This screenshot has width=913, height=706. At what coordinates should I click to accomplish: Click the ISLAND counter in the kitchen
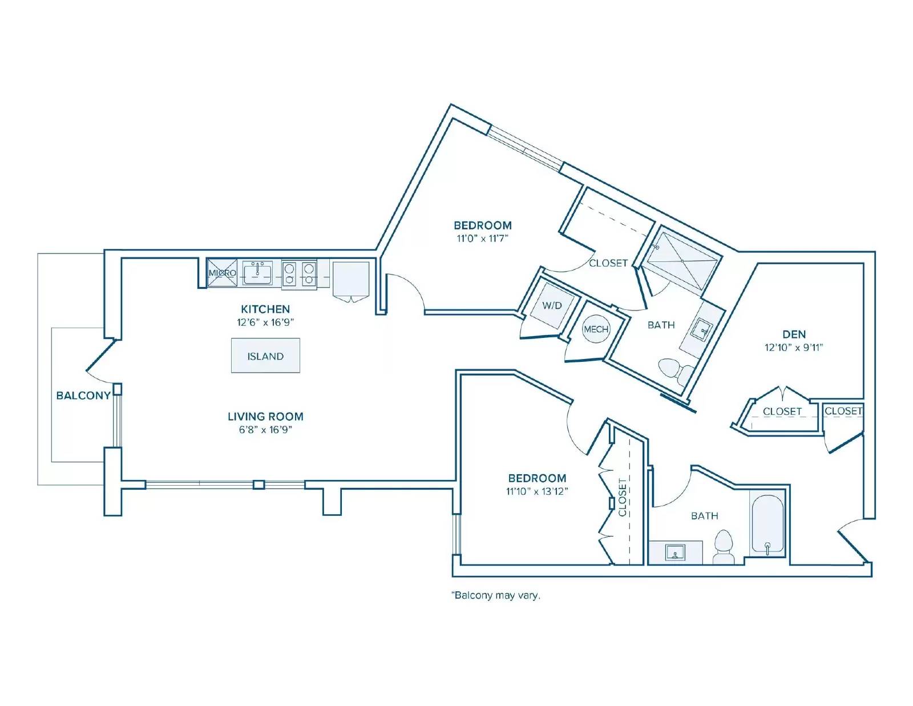click(x=265, y=355)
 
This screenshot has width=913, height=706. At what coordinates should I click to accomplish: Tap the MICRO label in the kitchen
click(x=223, y=273)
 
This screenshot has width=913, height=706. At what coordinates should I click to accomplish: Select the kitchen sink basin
click(x=257, y=273)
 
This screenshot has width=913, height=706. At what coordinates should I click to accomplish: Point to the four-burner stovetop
click(x=299, y=273)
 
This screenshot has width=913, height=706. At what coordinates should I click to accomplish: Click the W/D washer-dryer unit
click(x=552, y=305)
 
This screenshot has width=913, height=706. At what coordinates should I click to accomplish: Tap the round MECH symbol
click(x=596, y=329)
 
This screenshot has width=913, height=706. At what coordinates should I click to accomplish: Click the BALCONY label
click(x=83, y=396)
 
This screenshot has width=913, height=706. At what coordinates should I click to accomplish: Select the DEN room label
click(x=794, y=334)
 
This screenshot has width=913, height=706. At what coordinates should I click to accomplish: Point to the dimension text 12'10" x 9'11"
click(x=794, y=348)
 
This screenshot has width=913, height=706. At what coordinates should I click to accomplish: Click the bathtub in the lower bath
click(x=767, y=525)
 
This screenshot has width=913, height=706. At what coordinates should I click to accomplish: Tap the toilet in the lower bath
click(x=724, y=547)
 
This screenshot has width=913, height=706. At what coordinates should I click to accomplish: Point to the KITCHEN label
click(x=265, y=309)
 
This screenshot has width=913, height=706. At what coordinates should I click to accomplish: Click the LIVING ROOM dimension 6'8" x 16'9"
click(x=265, y=430)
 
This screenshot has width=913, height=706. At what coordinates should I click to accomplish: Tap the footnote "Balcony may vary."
click(x=496, y=595)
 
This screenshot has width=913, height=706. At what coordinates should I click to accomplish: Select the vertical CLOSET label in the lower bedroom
click(x=622, y=497)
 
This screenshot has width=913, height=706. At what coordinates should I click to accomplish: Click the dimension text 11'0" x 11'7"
click(x=483, y=238)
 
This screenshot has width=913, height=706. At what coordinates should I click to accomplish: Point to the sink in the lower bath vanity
click(x=675, y=552)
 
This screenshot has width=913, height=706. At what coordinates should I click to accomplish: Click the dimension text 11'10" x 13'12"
click(x=537, y=491)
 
